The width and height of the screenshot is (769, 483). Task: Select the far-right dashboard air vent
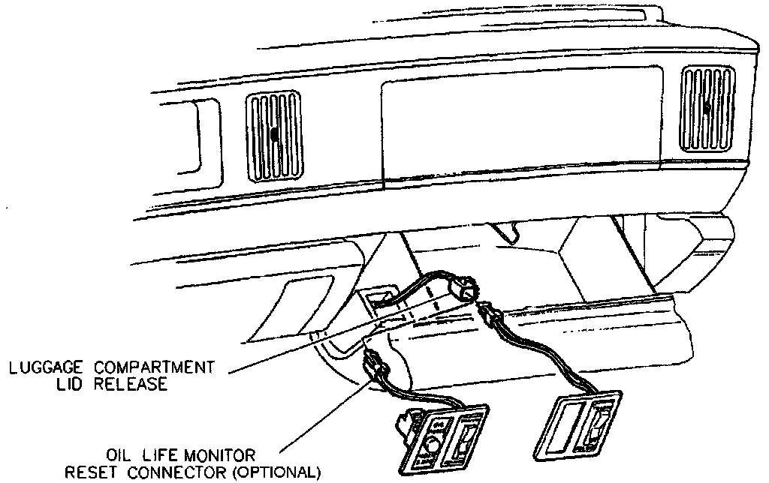click(707, 109)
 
